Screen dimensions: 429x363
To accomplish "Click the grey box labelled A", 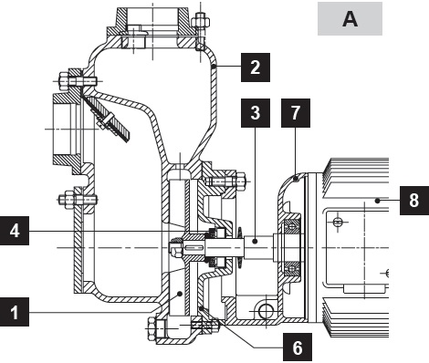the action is tap(350, 18).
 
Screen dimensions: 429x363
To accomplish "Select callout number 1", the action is tap(15, 312).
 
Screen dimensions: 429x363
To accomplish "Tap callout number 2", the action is tap(256, 67).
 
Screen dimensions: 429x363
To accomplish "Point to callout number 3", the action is tap(256, 113).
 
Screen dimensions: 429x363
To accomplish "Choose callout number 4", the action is tap(15, 231).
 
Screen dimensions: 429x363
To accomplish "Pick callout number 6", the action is tap(298, 347).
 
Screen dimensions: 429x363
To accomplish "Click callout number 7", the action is tap(296, 113).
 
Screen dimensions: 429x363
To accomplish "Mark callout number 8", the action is tap(414, 201).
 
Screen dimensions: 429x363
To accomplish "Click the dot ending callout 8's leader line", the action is tap(377, 201).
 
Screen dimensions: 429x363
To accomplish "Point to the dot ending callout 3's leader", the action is tap(256, 241).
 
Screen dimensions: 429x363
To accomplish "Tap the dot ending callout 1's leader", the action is tap(180, 294).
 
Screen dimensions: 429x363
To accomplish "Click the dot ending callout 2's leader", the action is tap(214, 66).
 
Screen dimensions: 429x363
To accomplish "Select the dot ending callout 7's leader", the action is tap(295, 180).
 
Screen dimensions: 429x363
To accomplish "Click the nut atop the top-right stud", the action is tap(201, 22).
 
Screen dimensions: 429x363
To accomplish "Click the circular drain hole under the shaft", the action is tap(266, 311).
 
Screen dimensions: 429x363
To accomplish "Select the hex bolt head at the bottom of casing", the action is tap(152, 328).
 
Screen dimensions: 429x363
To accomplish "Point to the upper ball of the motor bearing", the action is tap(292, 226).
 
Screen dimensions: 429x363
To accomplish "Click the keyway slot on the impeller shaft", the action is tap(194, 248).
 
